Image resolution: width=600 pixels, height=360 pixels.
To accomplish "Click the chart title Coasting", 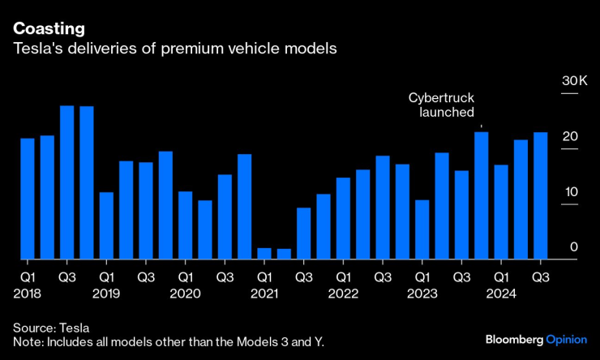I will click(49, 28).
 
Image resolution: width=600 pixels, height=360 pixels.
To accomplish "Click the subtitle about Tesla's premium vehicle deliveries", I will click(174, 49).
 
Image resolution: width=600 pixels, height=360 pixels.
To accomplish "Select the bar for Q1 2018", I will click(28, 199).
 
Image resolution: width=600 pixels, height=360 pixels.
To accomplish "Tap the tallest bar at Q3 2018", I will click(67, 182).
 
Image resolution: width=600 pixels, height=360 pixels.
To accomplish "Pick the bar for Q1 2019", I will click(106, 225).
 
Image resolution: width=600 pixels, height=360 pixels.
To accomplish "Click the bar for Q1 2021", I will click(264, 253).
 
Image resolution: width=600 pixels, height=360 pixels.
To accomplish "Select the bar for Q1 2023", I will click(422, 229).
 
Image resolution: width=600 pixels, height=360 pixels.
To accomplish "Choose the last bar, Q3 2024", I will click(540, 195).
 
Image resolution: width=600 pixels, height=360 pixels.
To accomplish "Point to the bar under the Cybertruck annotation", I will click(481, 195).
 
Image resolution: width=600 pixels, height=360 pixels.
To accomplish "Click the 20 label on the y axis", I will click(570, 136).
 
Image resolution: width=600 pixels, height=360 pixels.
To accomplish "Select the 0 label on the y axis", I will click(573, 246).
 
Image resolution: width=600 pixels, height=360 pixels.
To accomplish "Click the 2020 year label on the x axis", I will click(186, 293).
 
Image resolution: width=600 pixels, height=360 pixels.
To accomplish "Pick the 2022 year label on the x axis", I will click(343, 293).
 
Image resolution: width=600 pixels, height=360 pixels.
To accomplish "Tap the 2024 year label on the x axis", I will click(500, 293).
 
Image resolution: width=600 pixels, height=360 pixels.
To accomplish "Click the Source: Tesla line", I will click(51, 327).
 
